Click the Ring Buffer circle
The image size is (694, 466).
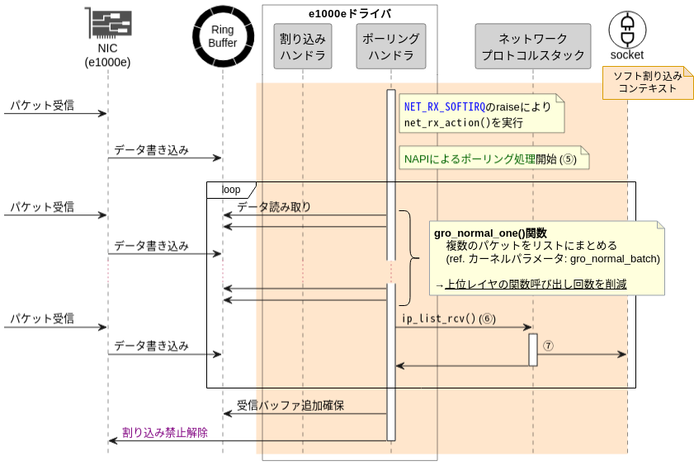pos(222,36)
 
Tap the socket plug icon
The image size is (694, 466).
pos(627,30)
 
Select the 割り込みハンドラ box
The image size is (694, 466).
pos(303,47)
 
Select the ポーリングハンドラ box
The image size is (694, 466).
pos(391,47)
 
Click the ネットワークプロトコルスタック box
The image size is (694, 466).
pos(533,47)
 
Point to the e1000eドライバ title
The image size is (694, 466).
pos(350,13)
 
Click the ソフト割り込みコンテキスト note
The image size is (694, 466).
pos(647,82)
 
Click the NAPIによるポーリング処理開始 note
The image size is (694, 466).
pos(492,158)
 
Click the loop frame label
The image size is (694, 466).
pos(230,190)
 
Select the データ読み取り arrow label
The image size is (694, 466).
pos(274,207)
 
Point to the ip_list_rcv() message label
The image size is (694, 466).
pos(439,318)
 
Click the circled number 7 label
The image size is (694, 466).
pos(548,346)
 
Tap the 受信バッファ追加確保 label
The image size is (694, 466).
pos(290,405)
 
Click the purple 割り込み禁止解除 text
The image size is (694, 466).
pos(165,432)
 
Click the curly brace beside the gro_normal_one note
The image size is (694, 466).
pos(410,258)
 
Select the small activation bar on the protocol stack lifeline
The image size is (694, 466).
pos(533,349)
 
